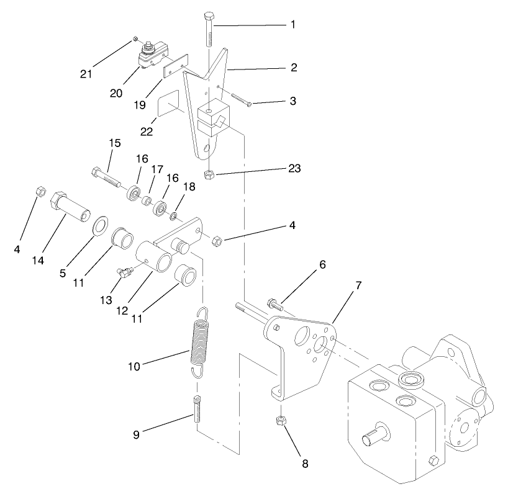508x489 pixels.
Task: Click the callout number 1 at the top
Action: [293, 25]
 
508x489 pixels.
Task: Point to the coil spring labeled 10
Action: [198, 343]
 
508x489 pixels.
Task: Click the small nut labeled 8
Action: [280, 421]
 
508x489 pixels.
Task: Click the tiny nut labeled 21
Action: [135, 40]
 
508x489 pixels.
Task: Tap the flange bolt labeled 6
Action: [274, 303]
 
